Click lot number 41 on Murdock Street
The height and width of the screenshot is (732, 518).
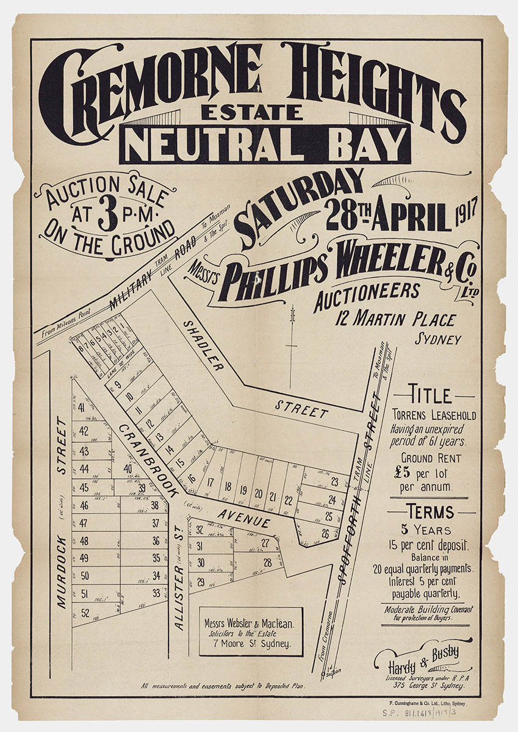[81, 409]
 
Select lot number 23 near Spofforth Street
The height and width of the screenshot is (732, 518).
[334, 481]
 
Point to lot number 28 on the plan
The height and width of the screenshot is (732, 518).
[267, 562]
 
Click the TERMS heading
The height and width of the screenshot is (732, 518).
[432, 512]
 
